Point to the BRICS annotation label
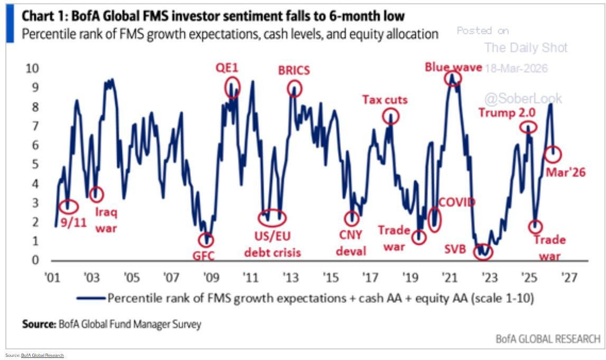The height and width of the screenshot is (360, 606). (294, 71)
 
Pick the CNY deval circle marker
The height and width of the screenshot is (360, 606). (351, 218)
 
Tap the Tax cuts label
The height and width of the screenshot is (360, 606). (385, 99)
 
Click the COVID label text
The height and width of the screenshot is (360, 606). (457, 202)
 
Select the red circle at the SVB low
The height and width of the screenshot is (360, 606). (482, 251)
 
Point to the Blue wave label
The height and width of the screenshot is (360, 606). (453, 67)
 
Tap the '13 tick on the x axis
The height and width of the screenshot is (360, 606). (290, 277)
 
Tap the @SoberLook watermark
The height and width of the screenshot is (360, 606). (524, 98)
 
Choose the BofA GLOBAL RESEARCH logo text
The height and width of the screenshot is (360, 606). (548, 338)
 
